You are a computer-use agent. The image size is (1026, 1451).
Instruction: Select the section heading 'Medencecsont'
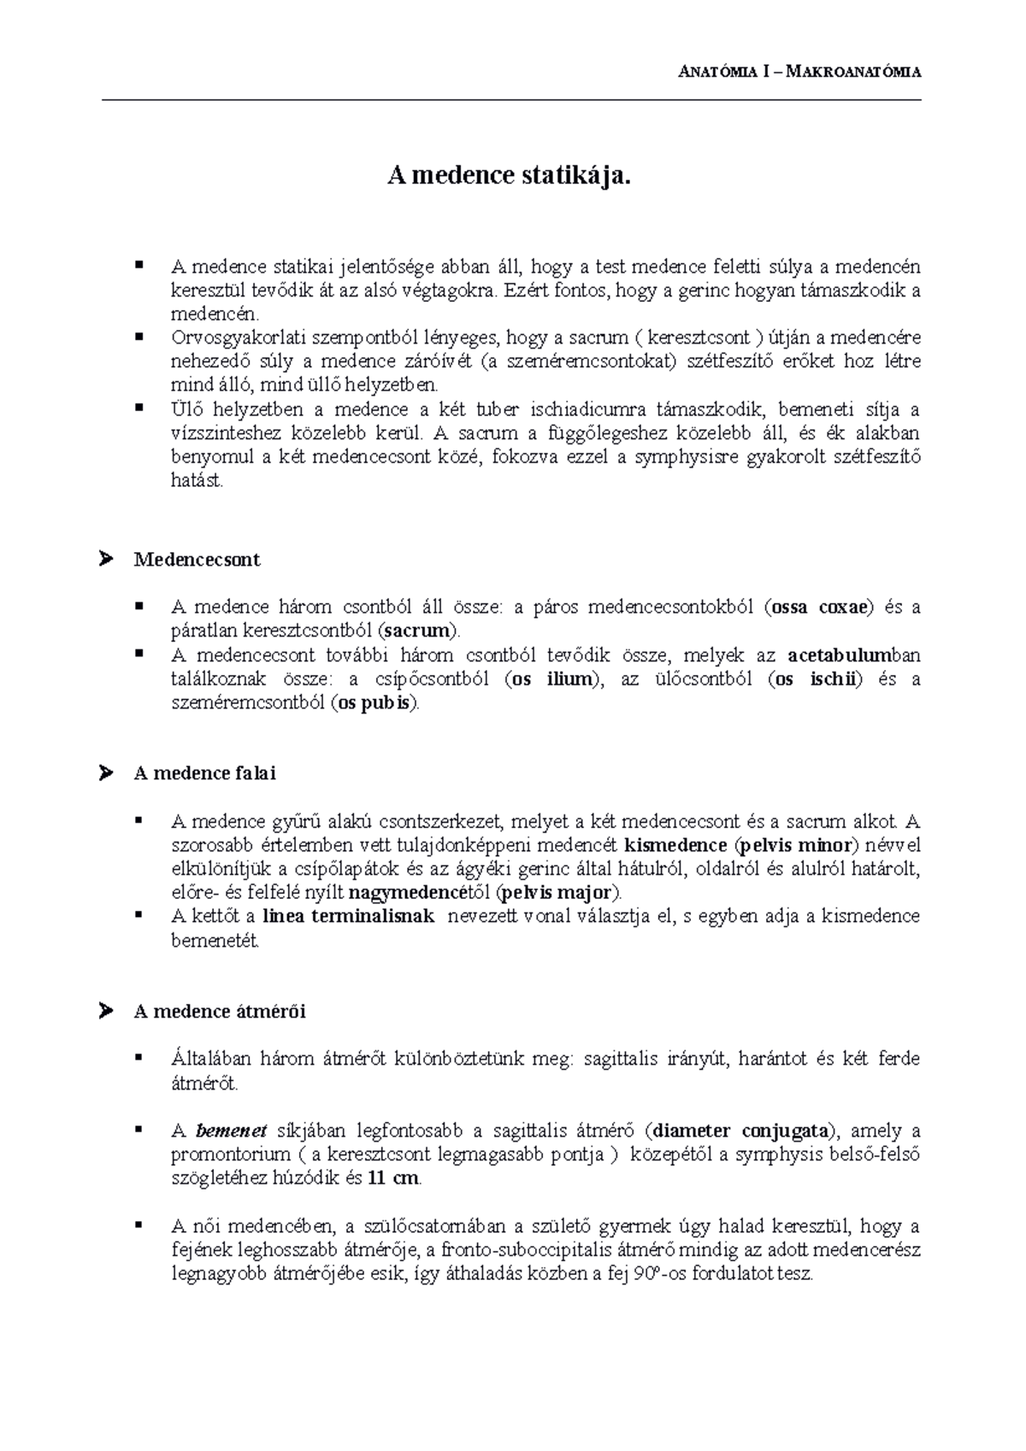click(x=197, y=560)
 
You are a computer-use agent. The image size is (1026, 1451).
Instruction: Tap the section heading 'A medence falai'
click(x=204, y=772)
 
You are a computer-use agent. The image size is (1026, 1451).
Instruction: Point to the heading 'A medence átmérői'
click(x=220, y=1011)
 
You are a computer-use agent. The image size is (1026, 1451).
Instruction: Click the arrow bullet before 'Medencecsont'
click(x=107, y=560)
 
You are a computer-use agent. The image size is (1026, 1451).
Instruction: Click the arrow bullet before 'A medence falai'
click(x=107, y=772)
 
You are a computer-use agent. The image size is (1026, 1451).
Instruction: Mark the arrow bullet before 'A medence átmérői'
click(x=107, y=1011)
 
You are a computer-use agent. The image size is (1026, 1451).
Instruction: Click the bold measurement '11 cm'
click(x=393, y=1178)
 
